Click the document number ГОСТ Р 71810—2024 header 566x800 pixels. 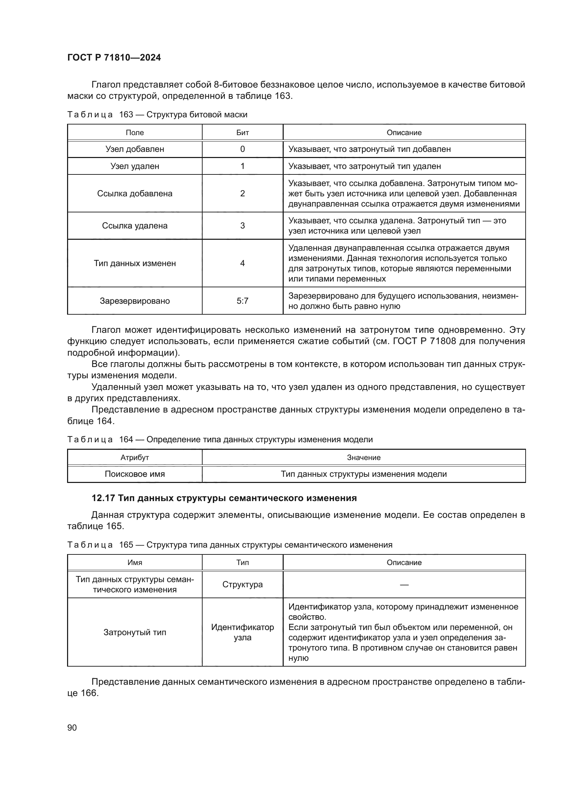(x=114, y=58)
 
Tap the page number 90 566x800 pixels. (x=72, y=727)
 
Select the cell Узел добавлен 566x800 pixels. (x=134, y=149)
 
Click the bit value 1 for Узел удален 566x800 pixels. (x=243, y=166)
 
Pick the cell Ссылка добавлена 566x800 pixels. (x=134, y=193)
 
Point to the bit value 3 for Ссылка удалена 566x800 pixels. (x=243, y=225)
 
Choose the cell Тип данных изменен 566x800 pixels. (x=134, y=263)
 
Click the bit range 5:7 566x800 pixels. (x=243, y=301)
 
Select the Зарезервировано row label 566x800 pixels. (x=134, y=301)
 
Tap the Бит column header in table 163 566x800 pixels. (x=243, y=132)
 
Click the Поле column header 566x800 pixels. (x=134, y=132)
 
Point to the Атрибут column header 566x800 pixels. (x=134, y=457)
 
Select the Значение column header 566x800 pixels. (x=363, y=457)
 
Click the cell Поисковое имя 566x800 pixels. (x=134, y=474)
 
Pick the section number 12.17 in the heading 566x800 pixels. (x=103, y=498)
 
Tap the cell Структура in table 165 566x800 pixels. (x=243, y=584)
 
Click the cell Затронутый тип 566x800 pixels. (x=134, y=632)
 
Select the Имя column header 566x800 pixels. (x=134, y=562)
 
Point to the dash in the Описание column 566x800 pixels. (x=404, y=585)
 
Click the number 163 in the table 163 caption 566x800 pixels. (x=126, y=115)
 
